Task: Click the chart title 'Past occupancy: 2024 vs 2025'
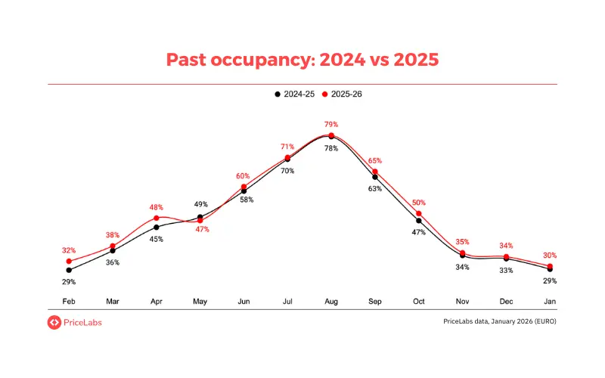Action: pyautogui.click(x=302, y=60)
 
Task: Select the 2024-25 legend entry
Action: pyautogui.click(x=294, y=94)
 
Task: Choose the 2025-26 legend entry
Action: pyautogui.click(x=344, y=94)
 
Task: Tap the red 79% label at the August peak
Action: pyautogui.click(x=331, y=124)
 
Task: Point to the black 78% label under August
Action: pyautogui.click(x=331, y=149)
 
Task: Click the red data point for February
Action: pyautogui.click(x=69, y=261)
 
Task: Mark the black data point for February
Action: pyautogui.click(x=69, y=270)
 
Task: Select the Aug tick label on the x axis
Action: pyautogui.click(x=331, y=301)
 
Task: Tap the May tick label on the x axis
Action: pyautogui.click(x=200, y=301)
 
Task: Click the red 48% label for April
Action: pyautogui.click(x=157, y=206)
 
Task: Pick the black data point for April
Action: pyautogui.click(x=157, y=227)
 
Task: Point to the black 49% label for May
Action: pyautogui.click(x=201, y=204)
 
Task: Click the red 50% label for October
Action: pyautogui.click(x=418, y=203)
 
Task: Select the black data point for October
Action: pyautogui.click(x=418, y=221)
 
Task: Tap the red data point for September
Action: pyautogui.click(x=375, y=172)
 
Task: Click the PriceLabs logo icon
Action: pyautogui.click(x=54, y=322)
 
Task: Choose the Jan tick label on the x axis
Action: pyautogui.click(x=550, y=301)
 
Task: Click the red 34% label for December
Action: pyautogui.click(x=506, y=246)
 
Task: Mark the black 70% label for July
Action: pyautogui.click(x=287, y=171)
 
